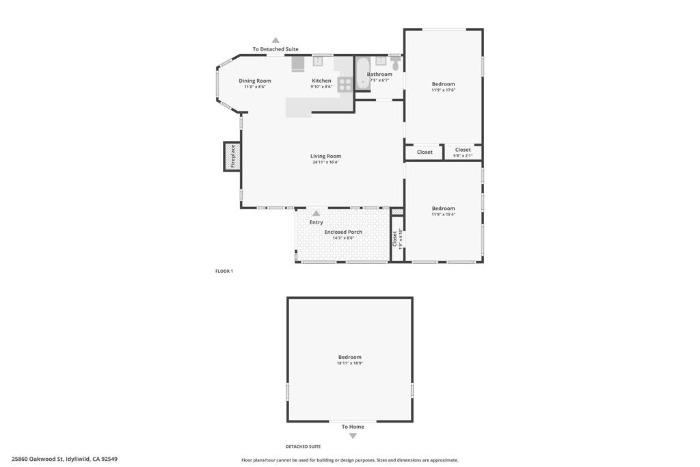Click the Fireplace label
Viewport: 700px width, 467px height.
point(233,156)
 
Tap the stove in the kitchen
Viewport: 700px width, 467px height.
point(345,84)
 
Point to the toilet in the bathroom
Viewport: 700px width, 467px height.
point(395,64)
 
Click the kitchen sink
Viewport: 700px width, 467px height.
point(318,61)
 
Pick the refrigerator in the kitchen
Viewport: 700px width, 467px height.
point(298,63)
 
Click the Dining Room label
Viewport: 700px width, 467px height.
point(255,81)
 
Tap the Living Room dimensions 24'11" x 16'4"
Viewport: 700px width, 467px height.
point(326,162)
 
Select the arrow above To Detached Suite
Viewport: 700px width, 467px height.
point(275,40)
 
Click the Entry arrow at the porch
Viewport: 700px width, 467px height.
point(316,214)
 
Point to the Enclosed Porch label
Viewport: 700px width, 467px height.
point(343,232)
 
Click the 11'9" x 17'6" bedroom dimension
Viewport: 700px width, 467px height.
point(443,90)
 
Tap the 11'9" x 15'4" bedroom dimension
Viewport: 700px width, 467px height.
point(443,215)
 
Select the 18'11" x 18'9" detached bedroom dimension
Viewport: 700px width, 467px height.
point(349,363)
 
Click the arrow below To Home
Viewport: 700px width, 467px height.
point(353,436)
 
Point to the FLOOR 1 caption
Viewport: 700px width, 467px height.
point(224,271)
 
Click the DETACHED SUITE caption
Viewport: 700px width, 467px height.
point(303,446)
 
